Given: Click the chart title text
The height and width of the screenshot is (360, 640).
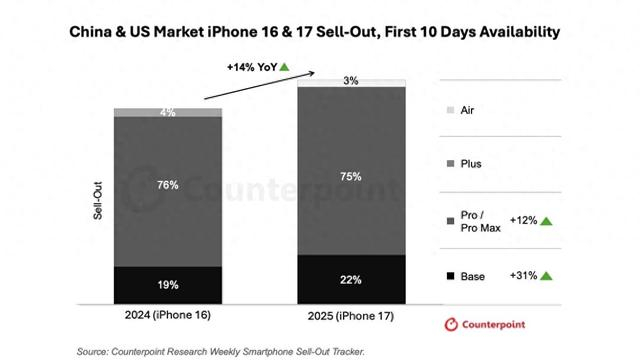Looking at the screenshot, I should pos(320,32).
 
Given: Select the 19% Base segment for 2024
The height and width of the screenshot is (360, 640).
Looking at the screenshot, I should pos(167,284).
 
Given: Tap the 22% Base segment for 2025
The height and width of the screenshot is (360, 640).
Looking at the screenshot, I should pos(349,279).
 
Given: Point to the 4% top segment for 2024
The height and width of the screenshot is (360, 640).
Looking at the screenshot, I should pos(167,113).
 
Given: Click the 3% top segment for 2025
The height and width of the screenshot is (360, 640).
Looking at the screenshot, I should pos(349,81).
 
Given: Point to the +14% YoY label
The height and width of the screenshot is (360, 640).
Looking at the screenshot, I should pos(251,67).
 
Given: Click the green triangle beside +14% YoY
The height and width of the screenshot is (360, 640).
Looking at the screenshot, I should pos(285,67).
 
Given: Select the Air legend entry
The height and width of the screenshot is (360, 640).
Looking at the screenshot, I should pos(468,109).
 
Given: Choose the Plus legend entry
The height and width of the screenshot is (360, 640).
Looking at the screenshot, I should pos(469,163).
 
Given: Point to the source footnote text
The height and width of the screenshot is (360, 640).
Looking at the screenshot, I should pos(221,351).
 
